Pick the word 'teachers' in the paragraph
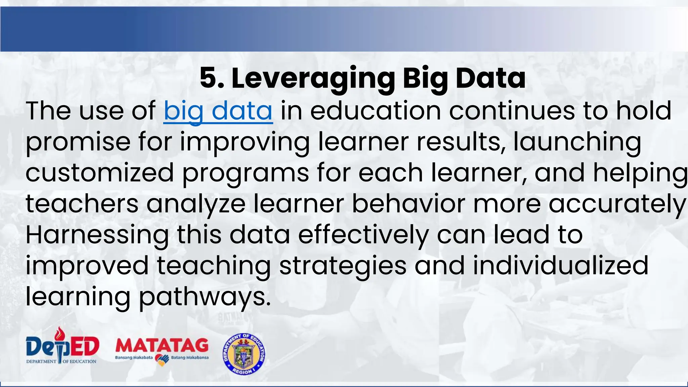tap(82, 204)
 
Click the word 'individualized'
tap(561, 266)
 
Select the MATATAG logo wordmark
tap(162, 345)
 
